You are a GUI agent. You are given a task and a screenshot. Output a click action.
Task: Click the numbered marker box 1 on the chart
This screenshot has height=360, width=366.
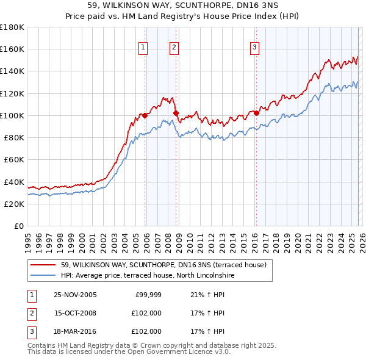point(143,47)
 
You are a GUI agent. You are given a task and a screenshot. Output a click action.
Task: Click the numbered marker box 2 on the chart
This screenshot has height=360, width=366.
point(174,47)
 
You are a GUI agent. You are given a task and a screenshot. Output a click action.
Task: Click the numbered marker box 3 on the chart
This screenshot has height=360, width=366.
point(254,47)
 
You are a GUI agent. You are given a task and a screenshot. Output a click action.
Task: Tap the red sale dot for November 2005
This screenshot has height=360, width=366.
point(145,115)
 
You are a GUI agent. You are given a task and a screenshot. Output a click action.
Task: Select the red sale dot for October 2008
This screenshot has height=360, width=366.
point(176,113)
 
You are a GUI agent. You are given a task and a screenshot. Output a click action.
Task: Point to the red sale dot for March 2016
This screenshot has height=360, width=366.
point(256,113)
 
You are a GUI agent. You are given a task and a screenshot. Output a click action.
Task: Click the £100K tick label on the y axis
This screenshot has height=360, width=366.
point(12,115)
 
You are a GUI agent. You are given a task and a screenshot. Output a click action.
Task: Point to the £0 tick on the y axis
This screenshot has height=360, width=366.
point(19,226)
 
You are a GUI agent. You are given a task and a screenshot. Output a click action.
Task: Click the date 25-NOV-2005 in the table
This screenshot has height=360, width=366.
point(76,295)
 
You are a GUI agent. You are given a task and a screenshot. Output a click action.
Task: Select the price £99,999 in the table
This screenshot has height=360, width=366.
point(148,295)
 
